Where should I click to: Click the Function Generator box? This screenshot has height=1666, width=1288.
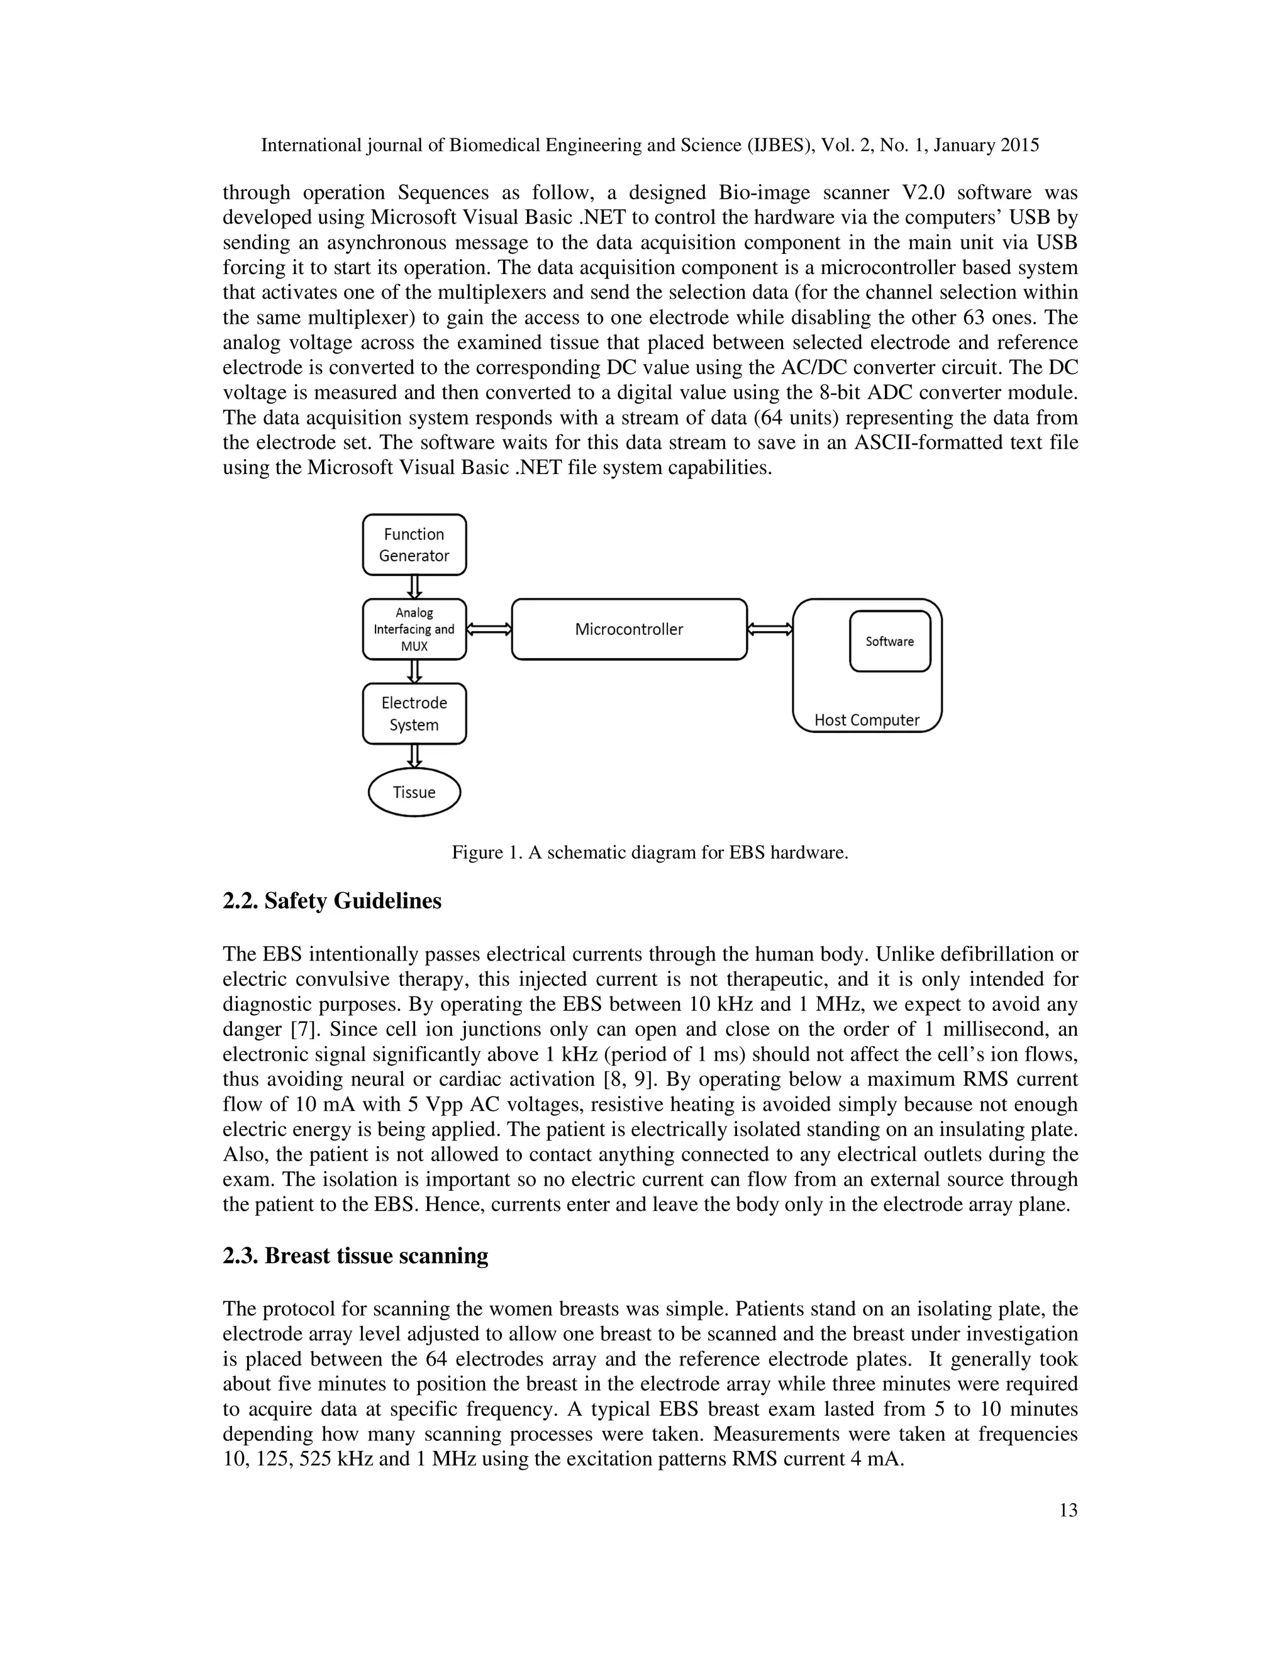[414, 544]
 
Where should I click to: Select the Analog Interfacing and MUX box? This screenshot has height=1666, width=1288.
[414, 629]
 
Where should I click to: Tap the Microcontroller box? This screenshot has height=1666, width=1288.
[629, 629]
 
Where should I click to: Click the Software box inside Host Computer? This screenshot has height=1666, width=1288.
[890, 641]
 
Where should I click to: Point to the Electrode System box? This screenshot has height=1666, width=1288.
[414, 714]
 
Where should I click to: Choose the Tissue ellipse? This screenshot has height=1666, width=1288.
[414, 793]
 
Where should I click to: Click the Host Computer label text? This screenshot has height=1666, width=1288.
[867, 720]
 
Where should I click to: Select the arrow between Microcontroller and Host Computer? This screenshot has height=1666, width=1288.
[770, 629]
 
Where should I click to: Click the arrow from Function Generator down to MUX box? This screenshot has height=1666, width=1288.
[414, 587]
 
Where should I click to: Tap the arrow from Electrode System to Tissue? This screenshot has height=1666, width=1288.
[414, 756]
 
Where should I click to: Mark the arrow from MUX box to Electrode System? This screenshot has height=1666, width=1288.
[414, 671]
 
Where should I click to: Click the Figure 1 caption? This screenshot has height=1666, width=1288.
[649, 852]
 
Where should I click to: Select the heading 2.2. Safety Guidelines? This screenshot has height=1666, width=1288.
[332, 901]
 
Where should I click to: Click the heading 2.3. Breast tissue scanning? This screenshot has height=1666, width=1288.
[355, 1255]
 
